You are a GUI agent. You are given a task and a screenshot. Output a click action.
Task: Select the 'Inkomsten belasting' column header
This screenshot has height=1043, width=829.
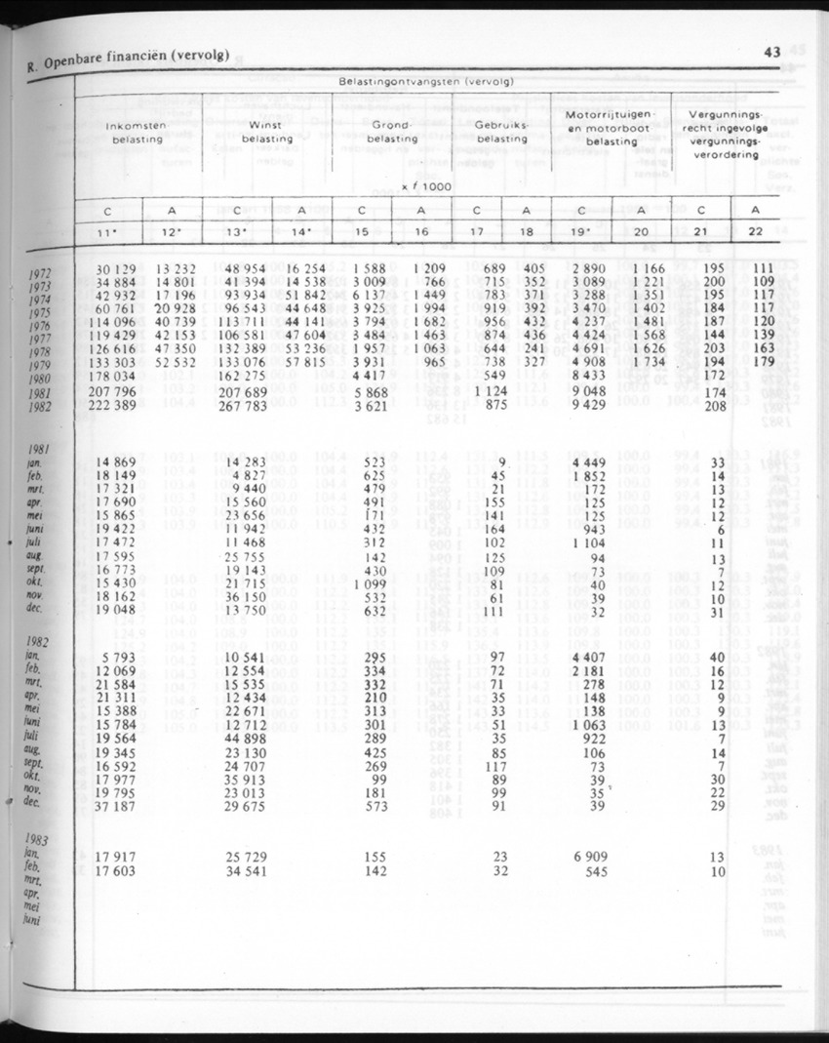click(137, 133)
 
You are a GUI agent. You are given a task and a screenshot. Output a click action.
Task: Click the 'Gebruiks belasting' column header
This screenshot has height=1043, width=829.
click(499, 133)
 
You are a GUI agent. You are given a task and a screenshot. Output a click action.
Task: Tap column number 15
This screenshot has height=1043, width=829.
click(363, 232)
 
